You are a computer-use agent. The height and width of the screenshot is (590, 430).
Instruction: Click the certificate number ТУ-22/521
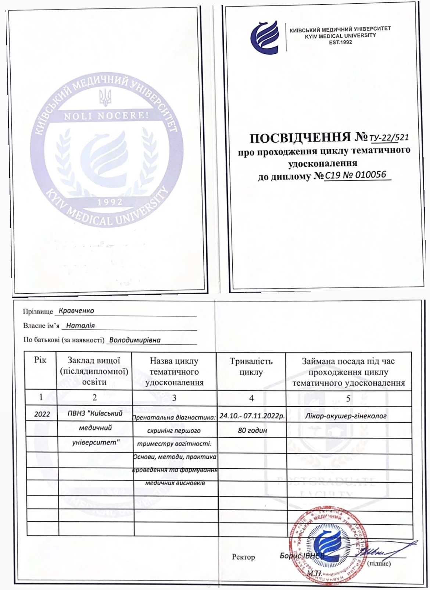389,138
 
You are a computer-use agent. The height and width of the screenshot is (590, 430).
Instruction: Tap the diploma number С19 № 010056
355,175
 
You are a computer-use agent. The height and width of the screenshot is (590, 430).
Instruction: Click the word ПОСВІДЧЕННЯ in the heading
300,138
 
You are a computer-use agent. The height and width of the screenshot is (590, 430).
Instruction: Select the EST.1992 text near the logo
340,42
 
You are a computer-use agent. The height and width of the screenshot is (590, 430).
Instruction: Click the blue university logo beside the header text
265,37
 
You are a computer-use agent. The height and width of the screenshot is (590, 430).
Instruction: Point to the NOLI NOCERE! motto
106,116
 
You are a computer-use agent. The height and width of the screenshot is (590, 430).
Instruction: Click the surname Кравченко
76,311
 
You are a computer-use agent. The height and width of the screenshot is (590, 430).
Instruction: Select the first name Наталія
80,325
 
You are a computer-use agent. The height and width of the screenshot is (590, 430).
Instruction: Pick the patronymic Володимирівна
135,340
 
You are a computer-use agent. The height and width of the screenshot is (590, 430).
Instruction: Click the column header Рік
40,360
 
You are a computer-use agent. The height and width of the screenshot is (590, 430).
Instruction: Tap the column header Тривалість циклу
251,366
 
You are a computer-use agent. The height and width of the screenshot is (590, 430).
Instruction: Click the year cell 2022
42,414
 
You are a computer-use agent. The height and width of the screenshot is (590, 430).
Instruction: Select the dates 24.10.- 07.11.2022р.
252,416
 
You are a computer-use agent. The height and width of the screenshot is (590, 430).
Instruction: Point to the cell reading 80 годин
252,430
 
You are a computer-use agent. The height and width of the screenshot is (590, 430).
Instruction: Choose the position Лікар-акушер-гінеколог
345,416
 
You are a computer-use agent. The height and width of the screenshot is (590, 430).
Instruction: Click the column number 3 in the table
174,398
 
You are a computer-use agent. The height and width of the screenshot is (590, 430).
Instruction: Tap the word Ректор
243,557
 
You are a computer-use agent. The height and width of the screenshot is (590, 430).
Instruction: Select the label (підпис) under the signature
379,563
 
